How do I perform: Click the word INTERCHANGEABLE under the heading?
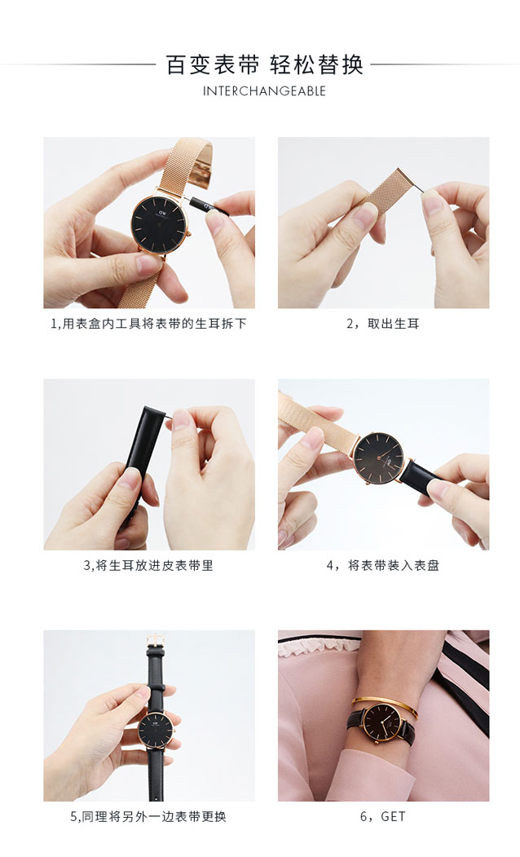[264, 91]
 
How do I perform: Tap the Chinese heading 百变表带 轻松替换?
[264, 64]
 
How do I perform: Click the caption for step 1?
[148, 324]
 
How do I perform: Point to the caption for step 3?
[148, 565]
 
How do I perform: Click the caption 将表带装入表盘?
[394, 565]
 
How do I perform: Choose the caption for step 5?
[148, 816]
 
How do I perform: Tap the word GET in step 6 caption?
[394, 816]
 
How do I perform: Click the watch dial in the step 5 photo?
[156, 730]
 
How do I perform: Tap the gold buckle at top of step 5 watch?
[156, 641]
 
